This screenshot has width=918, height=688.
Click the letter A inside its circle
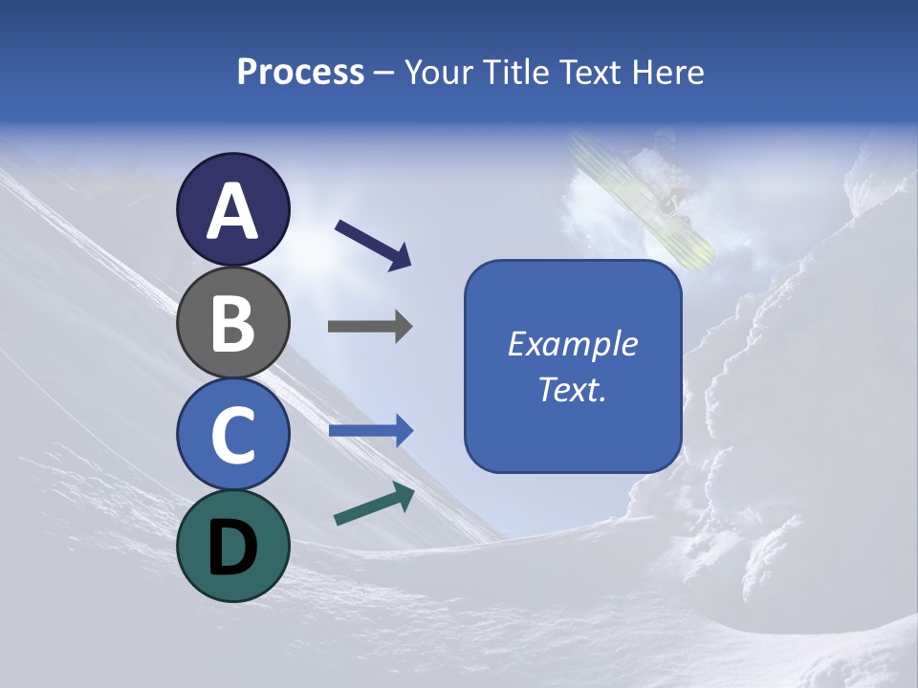click(x=232, y=212)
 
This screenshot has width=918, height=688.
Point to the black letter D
click(x=232, y=548)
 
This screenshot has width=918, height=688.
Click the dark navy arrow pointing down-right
click(x=373, y=244)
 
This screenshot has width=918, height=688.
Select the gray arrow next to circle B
click(x=370, y=326)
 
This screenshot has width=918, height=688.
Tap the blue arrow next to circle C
click(x=371, y=431)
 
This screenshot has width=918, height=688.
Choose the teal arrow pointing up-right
click(x=374, y=505)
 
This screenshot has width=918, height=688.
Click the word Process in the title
click(x=300, y=73)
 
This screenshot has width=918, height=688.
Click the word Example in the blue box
click(x=572, y=344)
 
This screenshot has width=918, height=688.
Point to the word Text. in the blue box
click(x=572, y=390)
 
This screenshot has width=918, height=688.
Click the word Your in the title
click(x=438, y=73)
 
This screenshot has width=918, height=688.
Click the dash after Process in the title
click(x=384, y=74)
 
